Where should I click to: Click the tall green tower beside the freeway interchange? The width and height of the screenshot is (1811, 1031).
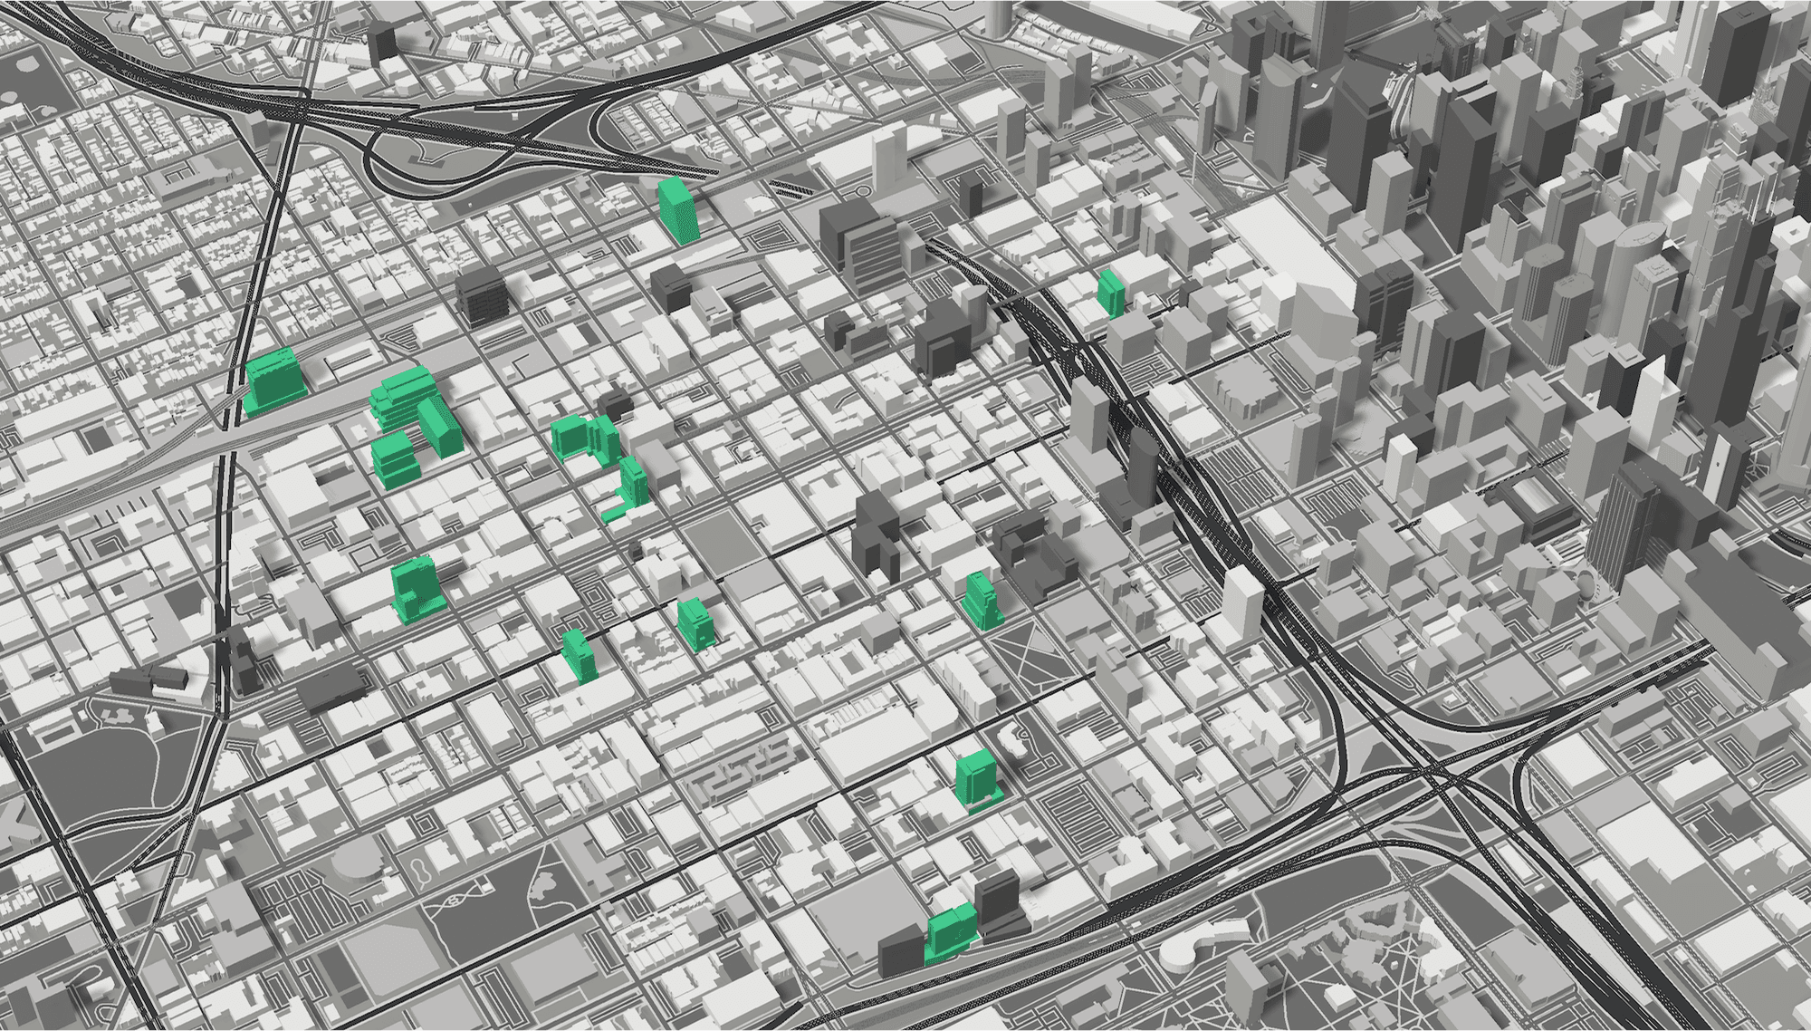tap(678, 210)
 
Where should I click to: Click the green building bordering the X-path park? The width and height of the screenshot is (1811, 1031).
tap(981, 600)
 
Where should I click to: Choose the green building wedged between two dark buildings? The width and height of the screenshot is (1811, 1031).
tap(951, 933)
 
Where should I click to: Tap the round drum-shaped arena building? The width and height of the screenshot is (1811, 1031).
tap(358, 861)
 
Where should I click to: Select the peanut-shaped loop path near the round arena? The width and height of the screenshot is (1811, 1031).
tap(422, 871)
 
